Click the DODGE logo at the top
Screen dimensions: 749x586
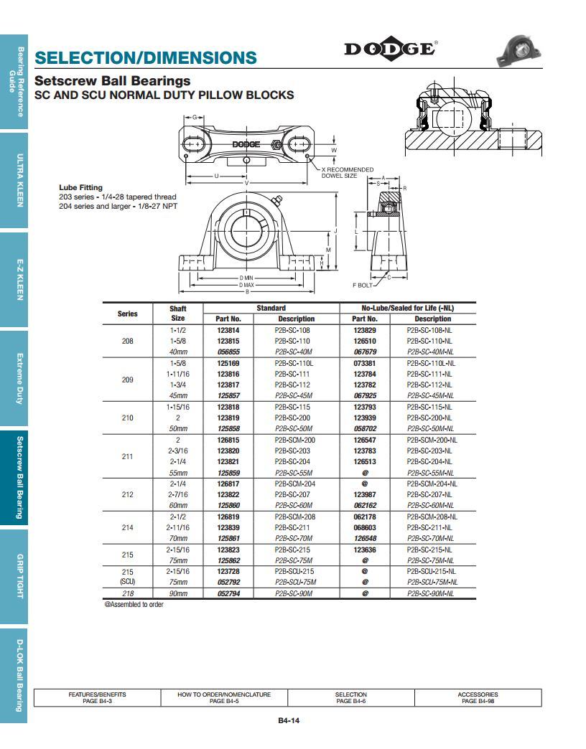point(390,49)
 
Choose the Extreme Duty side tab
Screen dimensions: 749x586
point(20,378)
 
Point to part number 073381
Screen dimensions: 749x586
point(365,363)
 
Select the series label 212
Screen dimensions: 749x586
point(128,494)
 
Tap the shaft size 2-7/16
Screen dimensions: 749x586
point(178,494)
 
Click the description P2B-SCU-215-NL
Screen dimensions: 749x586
point(432,571)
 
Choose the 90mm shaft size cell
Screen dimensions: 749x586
point(178,593)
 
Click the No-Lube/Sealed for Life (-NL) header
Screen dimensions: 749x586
point(408,308)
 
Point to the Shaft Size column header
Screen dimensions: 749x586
point(178,313)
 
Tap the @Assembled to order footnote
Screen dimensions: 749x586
point(134,605)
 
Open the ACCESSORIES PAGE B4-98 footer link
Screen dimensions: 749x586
point(478,697)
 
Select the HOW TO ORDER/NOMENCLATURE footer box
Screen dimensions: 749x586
point(224,697)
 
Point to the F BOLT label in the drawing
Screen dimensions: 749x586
point(363,286)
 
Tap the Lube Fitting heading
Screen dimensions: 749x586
point(80,187)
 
